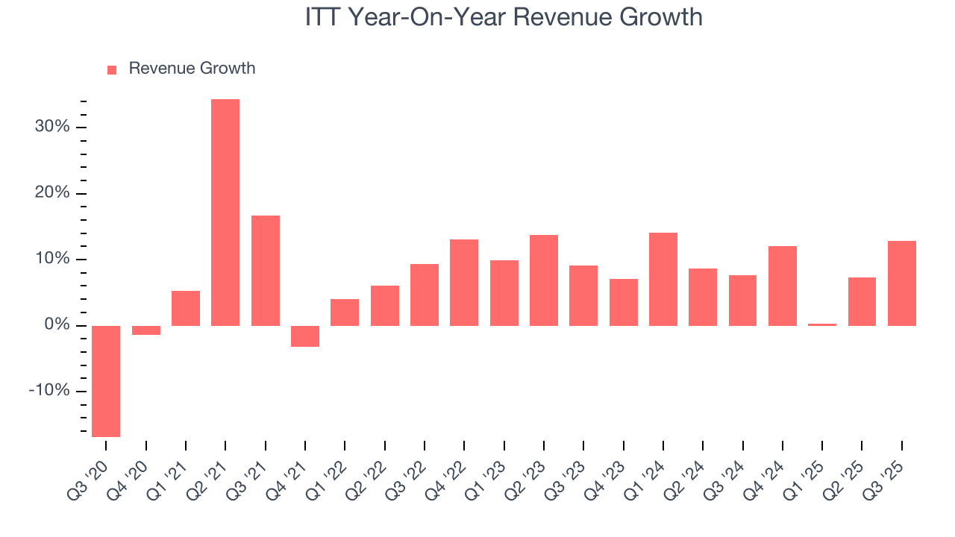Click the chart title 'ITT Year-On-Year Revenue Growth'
[504, 16]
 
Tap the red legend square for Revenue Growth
[112, 69]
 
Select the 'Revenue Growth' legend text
[192, 69]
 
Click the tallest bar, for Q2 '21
[225, 213]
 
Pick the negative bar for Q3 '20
[106, 381]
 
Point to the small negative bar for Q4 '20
[146, 330]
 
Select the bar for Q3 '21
[266, 271]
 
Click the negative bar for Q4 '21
[305, 336]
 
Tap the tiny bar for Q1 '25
[822, 324]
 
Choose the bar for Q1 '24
[663, 280]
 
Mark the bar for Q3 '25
[902, 283]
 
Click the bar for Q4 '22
[464, 283]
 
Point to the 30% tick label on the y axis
[51, 127]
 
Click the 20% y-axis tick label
[51, 193]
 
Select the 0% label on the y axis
[57, 326]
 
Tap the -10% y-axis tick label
[48, 392]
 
